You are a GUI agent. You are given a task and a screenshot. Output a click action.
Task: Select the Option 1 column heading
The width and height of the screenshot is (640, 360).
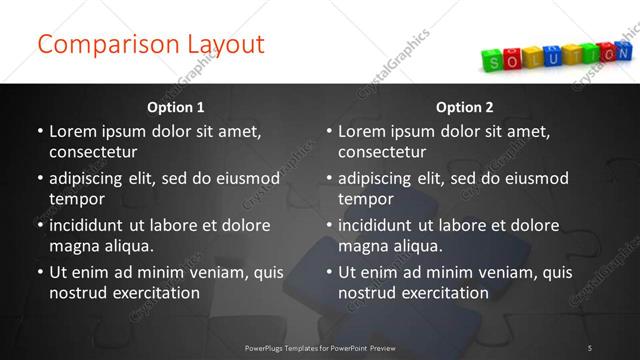tap(176, 107)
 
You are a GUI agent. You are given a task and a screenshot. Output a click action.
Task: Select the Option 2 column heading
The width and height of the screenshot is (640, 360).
tap(465, 107)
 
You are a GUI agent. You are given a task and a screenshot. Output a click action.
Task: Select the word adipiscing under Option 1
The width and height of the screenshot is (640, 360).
tap(91, 178)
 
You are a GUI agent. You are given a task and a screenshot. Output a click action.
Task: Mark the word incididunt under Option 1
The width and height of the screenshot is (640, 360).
tap(90, 225)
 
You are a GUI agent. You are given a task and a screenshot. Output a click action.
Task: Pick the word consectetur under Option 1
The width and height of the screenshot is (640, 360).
tap(92, 152)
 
